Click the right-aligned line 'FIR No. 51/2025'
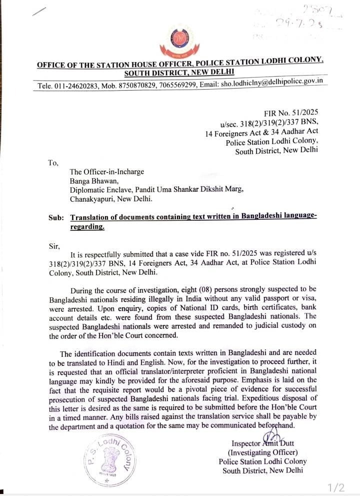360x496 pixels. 291,114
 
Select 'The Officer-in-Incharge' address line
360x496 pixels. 106,172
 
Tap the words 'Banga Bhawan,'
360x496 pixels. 93,181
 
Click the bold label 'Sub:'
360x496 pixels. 57,218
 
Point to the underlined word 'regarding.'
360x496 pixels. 88,227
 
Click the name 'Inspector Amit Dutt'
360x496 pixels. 263,443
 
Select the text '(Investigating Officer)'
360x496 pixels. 262,452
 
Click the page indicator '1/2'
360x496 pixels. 336,487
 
